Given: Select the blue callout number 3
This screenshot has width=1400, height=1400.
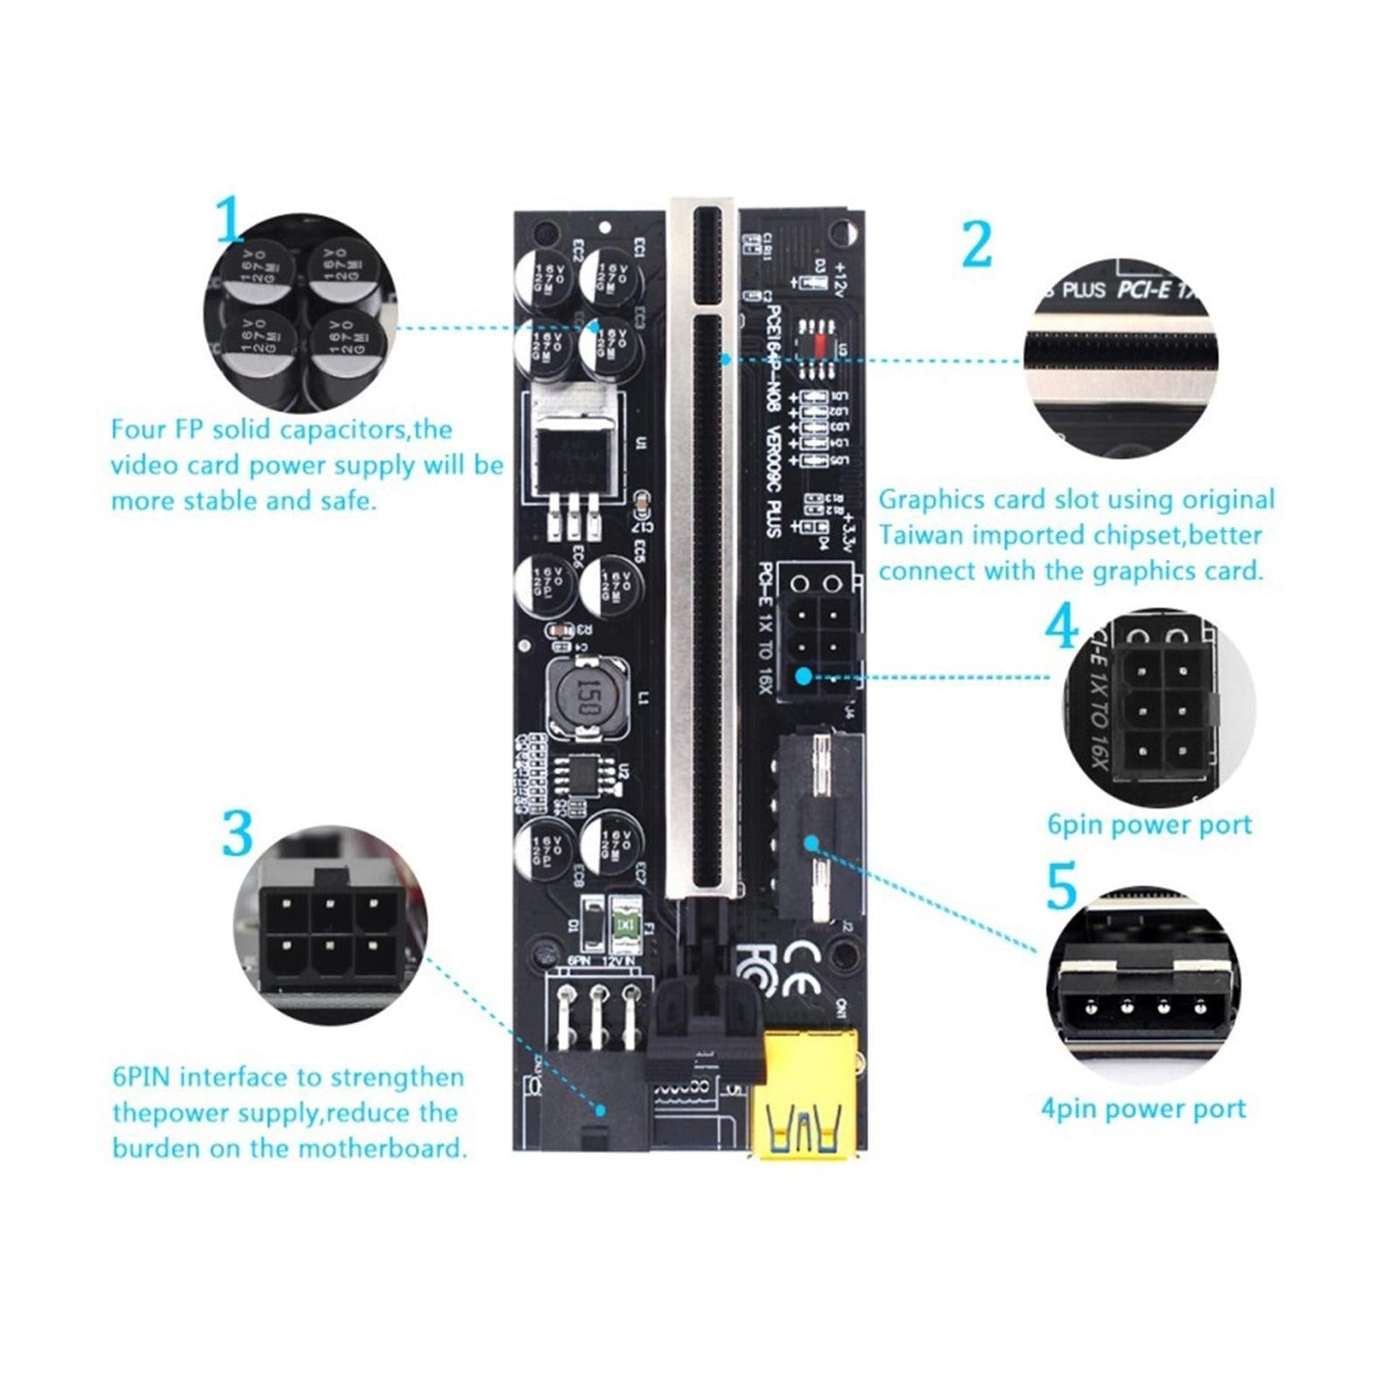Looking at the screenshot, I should (236, 832).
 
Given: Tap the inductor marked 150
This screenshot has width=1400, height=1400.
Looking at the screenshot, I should (585, 697).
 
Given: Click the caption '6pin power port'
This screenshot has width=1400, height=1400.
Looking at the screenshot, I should (1149, 824).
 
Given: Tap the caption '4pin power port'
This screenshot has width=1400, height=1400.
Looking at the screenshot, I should (1143, 1108).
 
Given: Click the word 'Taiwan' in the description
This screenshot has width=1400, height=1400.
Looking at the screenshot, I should (921, 536).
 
